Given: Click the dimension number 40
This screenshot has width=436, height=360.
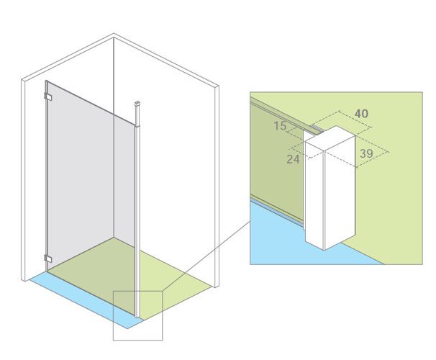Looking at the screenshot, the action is pos(361,114).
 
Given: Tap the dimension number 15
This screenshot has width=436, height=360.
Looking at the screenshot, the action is pos(280,126).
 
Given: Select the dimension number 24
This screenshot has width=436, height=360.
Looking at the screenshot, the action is pos(293,159).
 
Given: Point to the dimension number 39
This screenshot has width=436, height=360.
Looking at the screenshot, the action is pos(366,153).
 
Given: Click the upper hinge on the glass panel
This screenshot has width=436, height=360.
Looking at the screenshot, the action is pos(47,96).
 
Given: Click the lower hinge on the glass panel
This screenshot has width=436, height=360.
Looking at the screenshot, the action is pos(47,258).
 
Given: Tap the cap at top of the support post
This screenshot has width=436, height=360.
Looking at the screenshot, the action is pos(137,104).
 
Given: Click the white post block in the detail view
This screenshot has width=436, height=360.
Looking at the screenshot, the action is pos(330,189).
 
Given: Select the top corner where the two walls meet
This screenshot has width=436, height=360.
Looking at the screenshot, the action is pos(114,34).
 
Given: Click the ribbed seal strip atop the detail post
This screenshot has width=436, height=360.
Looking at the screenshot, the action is pos(318,128).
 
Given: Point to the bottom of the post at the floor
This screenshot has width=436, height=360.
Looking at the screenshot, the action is pos(137,316).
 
